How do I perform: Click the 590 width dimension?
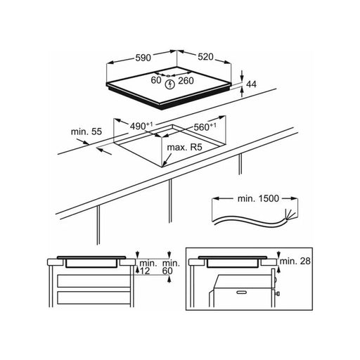tap(143, 58)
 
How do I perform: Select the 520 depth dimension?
tap(205, 57)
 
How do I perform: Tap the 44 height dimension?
tap(252, 84)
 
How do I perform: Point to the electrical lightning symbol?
tap(169, 84)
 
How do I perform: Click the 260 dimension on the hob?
tap(186, 81)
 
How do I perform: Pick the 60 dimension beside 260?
tap(156, 80)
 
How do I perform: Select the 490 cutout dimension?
tap(141, 126)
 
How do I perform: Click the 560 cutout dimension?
tap(205, 127)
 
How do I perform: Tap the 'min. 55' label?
tap(86, 131)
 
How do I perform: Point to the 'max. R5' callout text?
tap(184, 148)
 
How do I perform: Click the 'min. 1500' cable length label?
tap(258, 199)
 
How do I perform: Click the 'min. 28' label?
tap(295, 261)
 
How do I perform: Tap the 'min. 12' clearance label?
tap(148, 267)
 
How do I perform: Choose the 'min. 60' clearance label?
tap(171, 267)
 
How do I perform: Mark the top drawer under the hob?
tap(94, 281)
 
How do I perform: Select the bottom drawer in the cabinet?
tap(94, 297)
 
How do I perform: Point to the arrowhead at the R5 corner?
tap(164, 164)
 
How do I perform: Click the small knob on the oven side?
tap(278, 293)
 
